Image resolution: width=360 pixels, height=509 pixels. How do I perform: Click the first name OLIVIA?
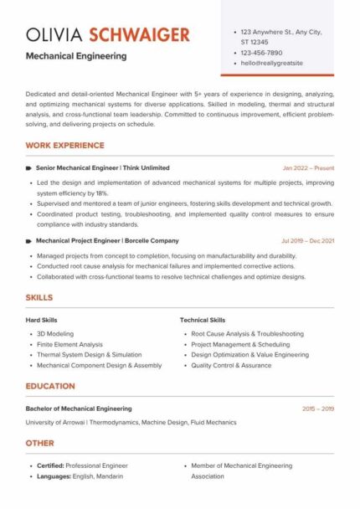pyautogui.click(x=54, y=34)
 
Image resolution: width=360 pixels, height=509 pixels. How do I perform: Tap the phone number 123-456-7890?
pyautogui.click(x=263, y=52)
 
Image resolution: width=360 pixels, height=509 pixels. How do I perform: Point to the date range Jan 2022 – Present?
pyautogui.click(x=308, y=168)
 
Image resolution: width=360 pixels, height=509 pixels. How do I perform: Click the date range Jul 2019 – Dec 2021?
pyautogui.click(x=308, y=241)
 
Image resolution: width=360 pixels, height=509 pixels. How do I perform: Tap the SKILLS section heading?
pyautogui.click(x=39, y=297)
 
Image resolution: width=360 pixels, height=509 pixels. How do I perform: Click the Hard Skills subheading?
pyautogui.click(x=42, y=320)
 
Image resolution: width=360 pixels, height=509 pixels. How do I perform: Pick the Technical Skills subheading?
pyautogui.click(x=202, y=320)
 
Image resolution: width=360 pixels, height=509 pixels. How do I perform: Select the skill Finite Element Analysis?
pyautogui.click(x=69, y=344)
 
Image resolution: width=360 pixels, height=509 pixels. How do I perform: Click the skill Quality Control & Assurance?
pyautogui.click(x=231, y=366)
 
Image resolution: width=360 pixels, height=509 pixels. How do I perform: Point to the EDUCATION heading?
pyautogui.click(x=50, y=386)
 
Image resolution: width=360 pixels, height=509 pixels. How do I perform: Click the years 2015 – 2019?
pyautogui.click(x=318, y=409)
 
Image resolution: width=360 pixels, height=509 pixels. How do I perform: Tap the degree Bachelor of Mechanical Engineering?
pyautogui.click(x=79, y=409)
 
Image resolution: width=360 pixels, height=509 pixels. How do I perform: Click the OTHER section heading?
pyautogui.click(x=39, y=443)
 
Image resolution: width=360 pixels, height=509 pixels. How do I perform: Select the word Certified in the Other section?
pyautogui.click(x=53, y=465)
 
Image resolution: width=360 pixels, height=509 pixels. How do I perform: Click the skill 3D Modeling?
pyautogui.click(x=56, y=333)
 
